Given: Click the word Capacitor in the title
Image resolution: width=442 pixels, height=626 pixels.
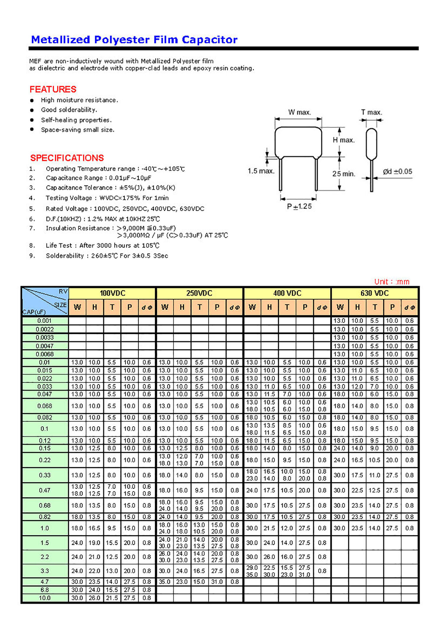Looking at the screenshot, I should point(209,40).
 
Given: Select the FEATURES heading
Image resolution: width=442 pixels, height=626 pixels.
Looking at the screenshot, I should point(53,89).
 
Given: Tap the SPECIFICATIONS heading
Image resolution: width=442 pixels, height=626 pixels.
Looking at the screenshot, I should point(67,158).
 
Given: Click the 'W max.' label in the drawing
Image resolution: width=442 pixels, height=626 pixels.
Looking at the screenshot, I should point(299,112).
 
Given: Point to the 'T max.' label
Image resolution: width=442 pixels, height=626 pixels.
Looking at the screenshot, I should point(371,112).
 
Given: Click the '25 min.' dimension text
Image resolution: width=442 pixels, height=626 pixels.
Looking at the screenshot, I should point(344,174).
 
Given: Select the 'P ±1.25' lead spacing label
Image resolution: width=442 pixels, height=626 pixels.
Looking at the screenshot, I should point(299,206).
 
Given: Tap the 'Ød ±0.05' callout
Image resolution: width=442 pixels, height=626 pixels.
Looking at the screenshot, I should point(397,171).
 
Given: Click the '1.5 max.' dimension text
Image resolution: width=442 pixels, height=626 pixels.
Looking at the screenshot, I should point(261,171).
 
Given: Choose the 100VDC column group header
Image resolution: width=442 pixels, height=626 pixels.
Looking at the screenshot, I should point(112,293).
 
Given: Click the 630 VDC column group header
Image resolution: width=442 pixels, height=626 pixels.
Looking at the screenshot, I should point(374,293).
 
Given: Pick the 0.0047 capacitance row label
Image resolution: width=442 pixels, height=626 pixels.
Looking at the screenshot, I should point(44,346).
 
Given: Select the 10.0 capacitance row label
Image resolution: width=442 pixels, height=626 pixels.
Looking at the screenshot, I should point(44,598).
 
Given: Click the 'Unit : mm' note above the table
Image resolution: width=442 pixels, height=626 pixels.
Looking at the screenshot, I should point(392,282).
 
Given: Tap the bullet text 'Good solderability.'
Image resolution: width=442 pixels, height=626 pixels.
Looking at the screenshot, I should point(69,110).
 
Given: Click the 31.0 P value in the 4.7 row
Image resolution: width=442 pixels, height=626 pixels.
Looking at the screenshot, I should point(217,582).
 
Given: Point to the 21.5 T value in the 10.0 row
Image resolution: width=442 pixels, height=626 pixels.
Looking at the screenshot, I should point(112,598).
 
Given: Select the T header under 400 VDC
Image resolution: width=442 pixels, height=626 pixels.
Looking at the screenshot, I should point(287,307).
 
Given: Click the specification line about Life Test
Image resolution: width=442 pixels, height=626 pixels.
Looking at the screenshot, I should point(102,246).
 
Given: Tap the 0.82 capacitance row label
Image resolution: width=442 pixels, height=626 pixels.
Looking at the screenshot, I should point(44,517).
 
